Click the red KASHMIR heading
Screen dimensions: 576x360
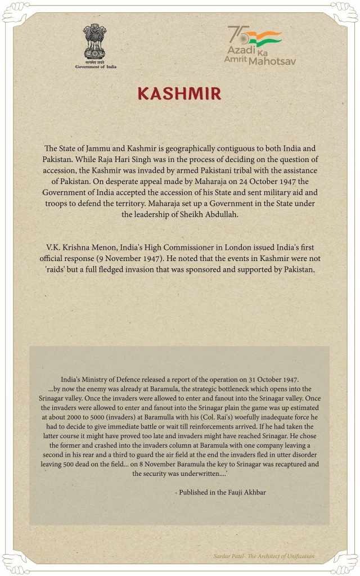[x=180, y=93]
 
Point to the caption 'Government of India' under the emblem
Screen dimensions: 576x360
[x=96, y=66]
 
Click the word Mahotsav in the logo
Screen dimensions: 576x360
[x=272, y=60]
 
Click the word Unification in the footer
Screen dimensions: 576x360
[x=298, y=556]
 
